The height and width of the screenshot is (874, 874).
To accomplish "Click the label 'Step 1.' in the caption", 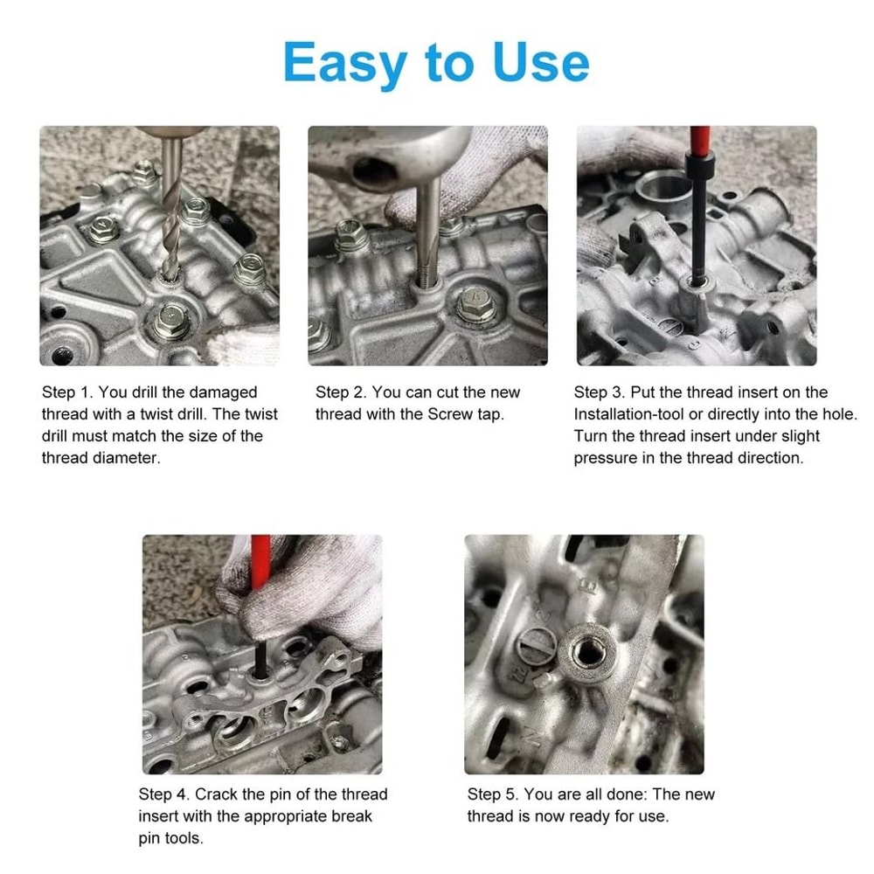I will pyautogui.click(x=68, y=392).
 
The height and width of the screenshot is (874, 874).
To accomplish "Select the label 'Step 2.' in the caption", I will pyautogui.click(x=343, y=392).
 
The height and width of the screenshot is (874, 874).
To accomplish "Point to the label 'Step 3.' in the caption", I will pyautogui.click(x=600, y=392).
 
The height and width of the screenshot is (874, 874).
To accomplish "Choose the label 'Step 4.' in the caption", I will pyautogui.click(x=164, y=794).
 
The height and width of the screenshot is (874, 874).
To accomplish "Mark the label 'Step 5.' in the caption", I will pyautogui.click(x=493, y=794).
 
